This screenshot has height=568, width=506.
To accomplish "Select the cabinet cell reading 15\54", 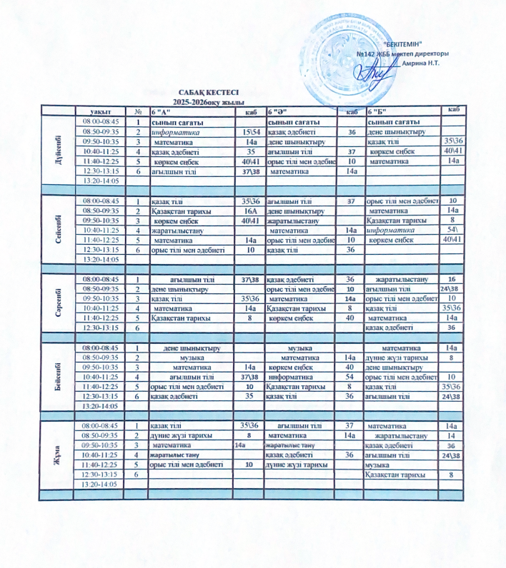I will pyautogui.click(x=250, y=132).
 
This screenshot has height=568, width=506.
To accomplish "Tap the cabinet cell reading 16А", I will pyautogui.click(x=250, y=211).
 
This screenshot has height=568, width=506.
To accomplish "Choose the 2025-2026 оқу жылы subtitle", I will pyautogui.click(x=210, y=103).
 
